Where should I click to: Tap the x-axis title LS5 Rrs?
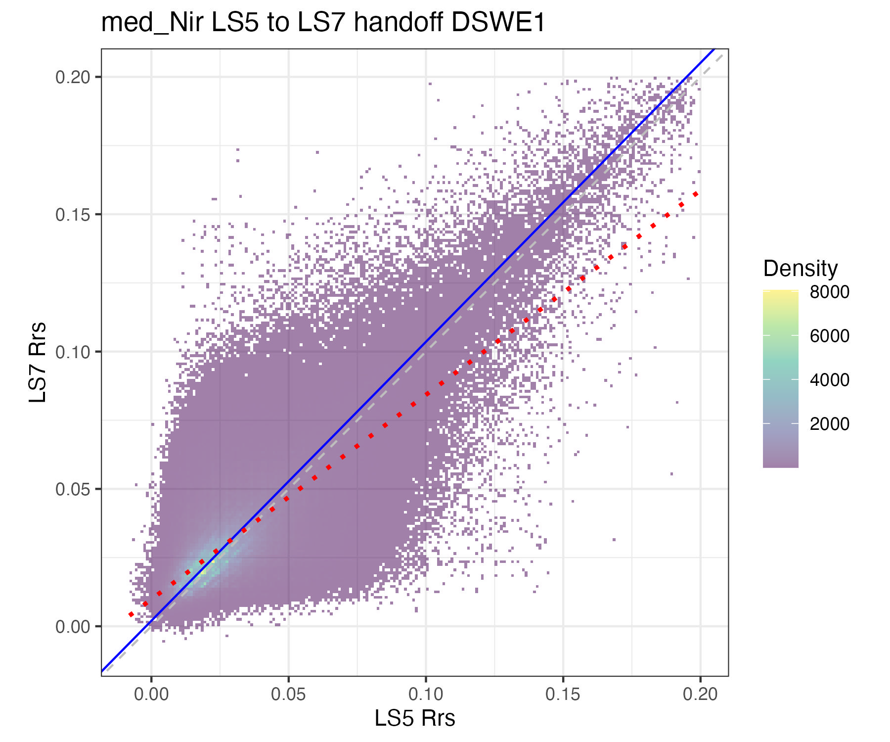(x=414, y=718)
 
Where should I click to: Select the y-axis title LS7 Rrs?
(x=38, y=362)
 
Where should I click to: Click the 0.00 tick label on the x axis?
(x=151, y=694)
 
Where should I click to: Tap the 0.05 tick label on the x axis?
(x=288, y=694)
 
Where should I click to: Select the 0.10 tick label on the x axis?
(x=426, y=694)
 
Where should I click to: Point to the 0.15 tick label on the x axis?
(x=563, y=694)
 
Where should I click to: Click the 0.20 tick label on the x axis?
(x=700, y=694)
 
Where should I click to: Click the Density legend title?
(x=800, y=269)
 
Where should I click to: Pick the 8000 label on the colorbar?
(x=829, y=292)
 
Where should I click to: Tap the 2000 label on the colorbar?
(x=829, y=424)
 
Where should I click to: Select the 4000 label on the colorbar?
(x=829, y=380)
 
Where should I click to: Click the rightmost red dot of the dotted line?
(x=695, y=194)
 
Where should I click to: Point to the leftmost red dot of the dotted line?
(x=131, y=614)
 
